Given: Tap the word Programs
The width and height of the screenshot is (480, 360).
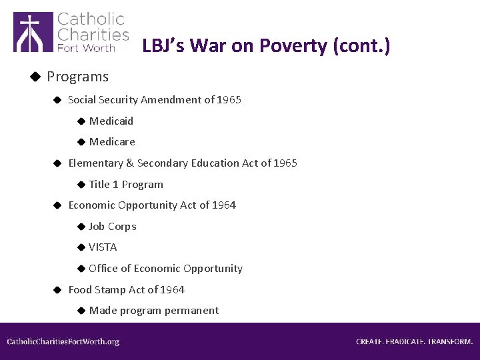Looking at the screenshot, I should pyautogui.click(x=77, y=77).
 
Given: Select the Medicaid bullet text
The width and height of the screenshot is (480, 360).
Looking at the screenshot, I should pyautogui.click(x=111, y=121).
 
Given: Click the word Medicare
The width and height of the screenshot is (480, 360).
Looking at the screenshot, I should pyautogui.click(x=112, y=141).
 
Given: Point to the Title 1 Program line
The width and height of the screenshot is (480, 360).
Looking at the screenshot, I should pyautogui.click(x=126, y=184).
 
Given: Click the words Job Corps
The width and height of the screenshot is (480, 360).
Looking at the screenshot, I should pyautogui.click(x=113, y=226).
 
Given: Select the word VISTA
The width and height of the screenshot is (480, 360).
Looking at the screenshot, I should pyautogui.click(x=103, y=247).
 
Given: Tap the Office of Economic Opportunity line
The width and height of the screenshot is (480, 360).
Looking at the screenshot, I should pyautogui.click(x=165, y=268).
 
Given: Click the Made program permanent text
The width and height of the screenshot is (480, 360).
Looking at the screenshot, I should pyautogui.click(x=153, y=310).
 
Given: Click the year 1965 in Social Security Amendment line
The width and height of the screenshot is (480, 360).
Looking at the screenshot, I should pyautogui.click(x=229, y=99).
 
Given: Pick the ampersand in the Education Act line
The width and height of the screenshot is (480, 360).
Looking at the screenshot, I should pyautogui.click(x=130, y=163).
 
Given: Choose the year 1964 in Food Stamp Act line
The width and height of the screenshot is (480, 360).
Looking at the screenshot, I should pyautogui.click(x=173, y=289).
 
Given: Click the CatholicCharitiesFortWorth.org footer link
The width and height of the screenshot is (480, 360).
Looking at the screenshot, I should pyautogui.click(x=63, y=341).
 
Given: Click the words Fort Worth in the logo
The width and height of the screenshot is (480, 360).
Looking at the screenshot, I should pyautogui.click(x=86, y=48).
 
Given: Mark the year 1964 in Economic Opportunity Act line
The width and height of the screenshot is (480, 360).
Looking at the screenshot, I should pyautogui.click(x=224, y=205).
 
